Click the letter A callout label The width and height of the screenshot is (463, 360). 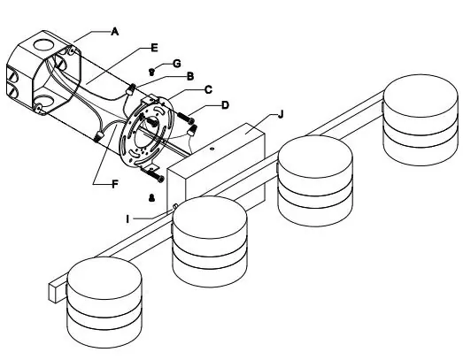click(x=115, y=31)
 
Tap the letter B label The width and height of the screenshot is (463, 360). click(x=190, y=76)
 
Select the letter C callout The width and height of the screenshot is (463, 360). click(x=208, y=89)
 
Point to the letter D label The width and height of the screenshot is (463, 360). click(x=225, y=105)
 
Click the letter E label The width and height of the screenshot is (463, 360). click(x=154, y=48)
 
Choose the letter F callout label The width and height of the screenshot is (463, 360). click(x=115, y=185)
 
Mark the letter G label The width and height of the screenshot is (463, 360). click(x=176, y=64)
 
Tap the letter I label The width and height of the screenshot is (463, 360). click(x=127, y=219)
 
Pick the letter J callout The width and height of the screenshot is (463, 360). click(x=281, y=114)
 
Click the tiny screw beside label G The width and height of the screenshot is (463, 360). click(x=151, y=72)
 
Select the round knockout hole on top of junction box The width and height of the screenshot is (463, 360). click(x=44, y=44)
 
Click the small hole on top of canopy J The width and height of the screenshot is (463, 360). click(x=212, y=149)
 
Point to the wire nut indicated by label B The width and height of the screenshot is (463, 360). click(x=130, y=89)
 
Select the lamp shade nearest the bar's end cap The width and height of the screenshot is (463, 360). click(x=104, y=303)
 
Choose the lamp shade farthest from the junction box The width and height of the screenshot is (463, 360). click(x=421, y=119)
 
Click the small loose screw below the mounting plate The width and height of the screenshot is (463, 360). click(x=151, y=198)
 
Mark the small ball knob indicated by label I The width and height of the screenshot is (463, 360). click(x=174, y=206)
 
